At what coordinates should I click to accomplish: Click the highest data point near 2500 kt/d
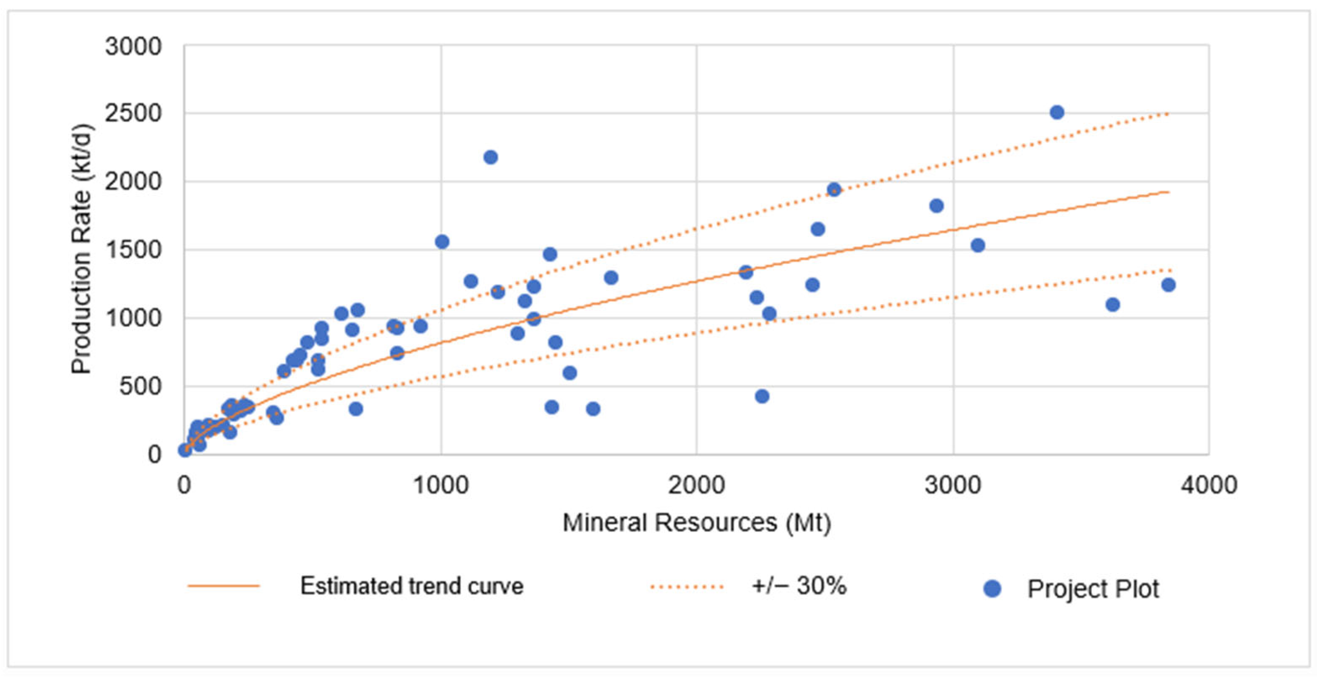1057,112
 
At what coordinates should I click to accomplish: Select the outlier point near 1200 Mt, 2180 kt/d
490,157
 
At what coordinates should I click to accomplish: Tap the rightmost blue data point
1168,285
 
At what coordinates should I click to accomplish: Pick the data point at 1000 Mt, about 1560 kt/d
442,242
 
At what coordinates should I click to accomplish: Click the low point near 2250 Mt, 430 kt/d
762,396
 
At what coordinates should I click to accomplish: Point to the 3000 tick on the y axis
133,46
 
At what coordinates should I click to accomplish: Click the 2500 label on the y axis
133,113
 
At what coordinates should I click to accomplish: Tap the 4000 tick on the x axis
1209,484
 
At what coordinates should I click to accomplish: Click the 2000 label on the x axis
696,484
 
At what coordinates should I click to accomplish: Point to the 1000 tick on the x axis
441,484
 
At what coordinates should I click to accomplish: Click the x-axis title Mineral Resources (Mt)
696,523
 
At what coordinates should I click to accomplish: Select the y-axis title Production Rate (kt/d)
81,249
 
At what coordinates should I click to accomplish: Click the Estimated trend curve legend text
412,586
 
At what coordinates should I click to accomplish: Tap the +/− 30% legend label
799,586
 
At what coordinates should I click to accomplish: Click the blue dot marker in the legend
992,589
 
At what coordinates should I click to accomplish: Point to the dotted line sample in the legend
687,586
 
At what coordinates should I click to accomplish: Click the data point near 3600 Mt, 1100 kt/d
1113,304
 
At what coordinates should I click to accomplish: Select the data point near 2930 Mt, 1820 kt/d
936,206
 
